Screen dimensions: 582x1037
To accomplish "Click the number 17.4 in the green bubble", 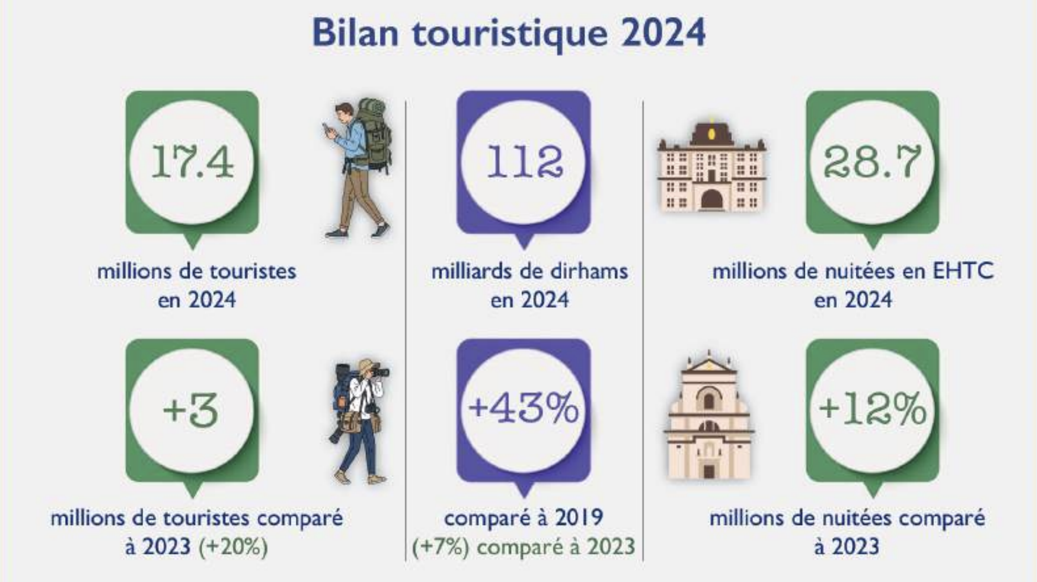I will [x=193, y=162].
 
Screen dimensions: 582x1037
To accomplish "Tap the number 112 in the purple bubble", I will [x=524, y=162].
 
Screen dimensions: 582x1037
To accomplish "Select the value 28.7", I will [x=872, y=162].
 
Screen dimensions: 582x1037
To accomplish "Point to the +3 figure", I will [x=191, y=410].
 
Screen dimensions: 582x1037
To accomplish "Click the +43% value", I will [x=523, y=408].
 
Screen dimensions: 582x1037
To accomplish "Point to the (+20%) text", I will [x=233, y=547].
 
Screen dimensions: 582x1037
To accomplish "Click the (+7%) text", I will [x=441, y=547].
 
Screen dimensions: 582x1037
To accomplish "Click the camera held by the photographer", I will [x=379, y=373].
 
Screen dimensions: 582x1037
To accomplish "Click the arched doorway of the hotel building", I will [x=712, y=199].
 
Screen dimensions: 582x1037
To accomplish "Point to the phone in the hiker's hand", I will [x=326, y=129].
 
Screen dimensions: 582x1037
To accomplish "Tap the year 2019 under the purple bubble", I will [x=579, y=518].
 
